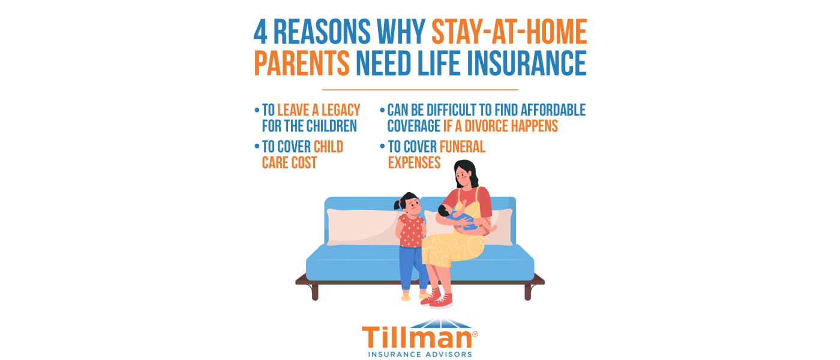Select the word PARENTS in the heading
point(302,64)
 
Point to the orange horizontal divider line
point(420,90)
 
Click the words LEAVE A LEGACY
point(319,110)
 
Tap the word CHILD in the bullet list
point(328,147)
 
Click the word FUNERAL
point(462,147)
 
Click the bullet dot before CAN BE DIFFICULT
point(382,110)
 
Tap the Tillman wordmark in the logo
point(416,338)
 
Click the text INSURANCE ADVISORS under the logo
point(420,354)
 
